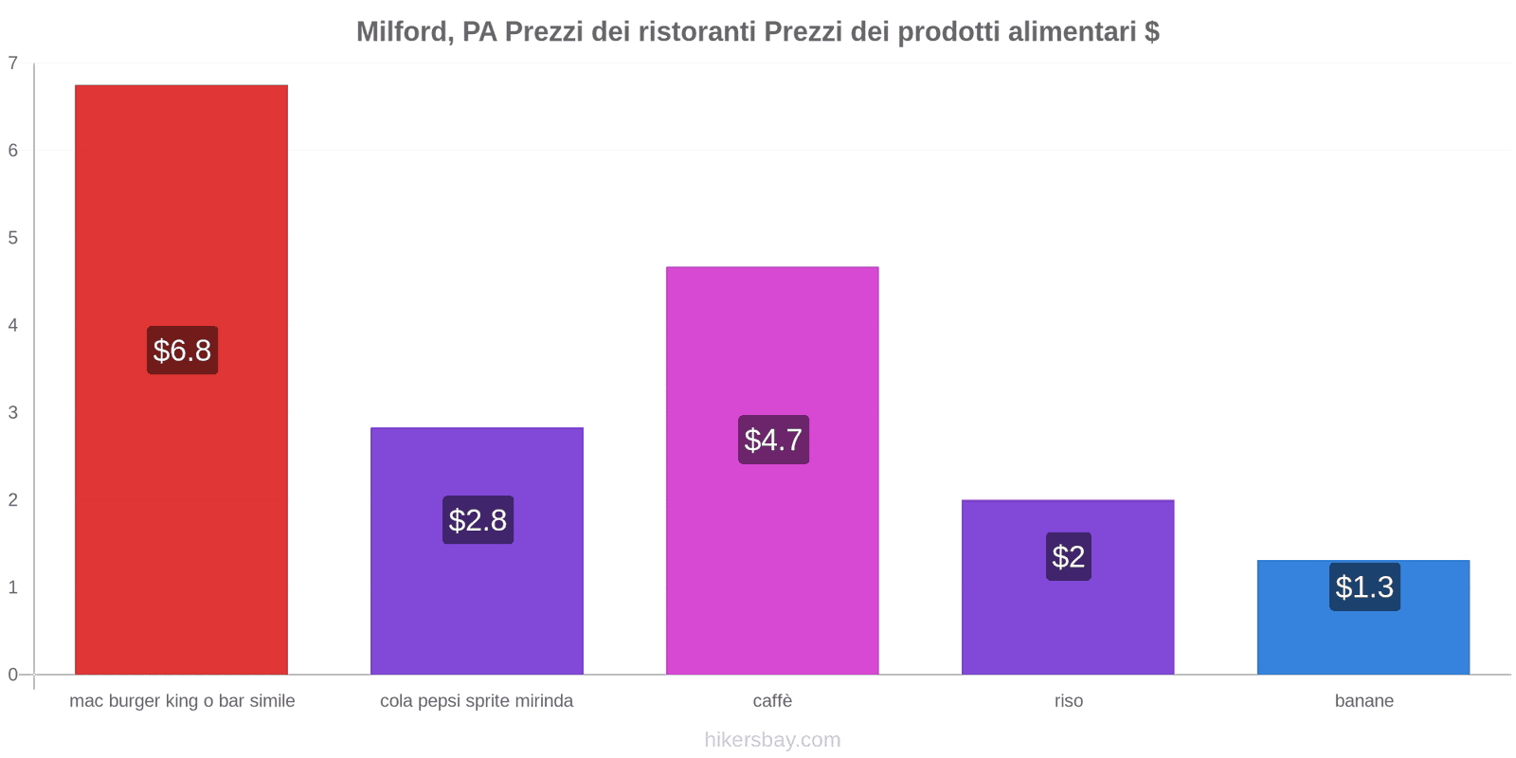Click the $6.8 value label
click(182, 351)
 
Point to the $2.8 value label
click(478, 520)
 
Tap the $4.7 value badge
click(773, 440)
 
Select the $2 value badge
click(1069, 556)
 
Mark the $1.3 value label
click(1364, 587)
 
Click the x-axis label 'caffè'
click(772, 701)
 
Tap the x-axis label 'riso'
click(1068, 701)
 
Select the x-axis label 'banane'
click(1363, 701)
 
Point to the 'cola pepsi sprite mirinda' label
click(477, 701)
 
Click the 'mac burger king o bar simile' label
click(182, 701)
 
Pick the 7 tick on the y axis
click(13, 63)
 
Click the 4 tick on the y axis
click(13, 326)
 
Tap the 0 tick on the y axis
click(13, 675)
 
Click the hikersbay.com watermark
click(772, 740)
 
